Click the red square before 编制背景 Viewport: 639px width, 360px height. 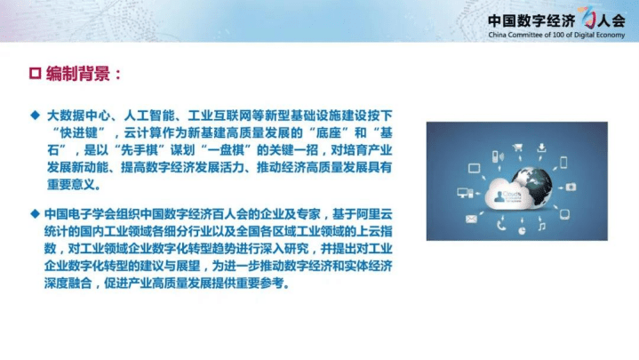pos(36,74)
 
